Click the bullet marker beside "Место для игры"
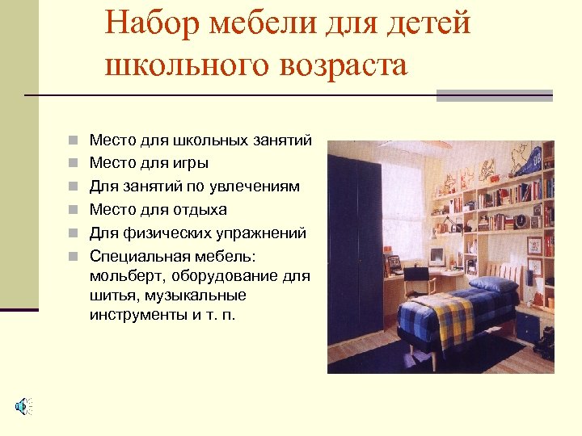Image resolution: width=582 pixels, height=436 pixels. click(x=73, y=163)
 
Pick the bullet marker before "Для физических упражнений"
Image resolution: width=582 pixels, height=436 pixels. click(x=73, y=233)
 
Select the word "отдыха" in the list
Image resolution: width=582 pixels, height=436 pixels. click(x=200, y=210)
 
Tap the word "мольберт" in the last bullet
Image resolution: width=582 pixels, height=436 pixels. click(x=126, y=276)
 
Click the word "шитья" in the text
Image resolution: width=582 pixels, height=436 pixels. click(x=111, y=296)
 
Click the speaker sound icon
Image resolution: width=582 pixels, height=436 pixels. click(x=23, y=405)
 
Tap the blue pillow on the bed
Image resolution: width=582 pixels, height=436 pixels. click(x=494, y=285)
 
